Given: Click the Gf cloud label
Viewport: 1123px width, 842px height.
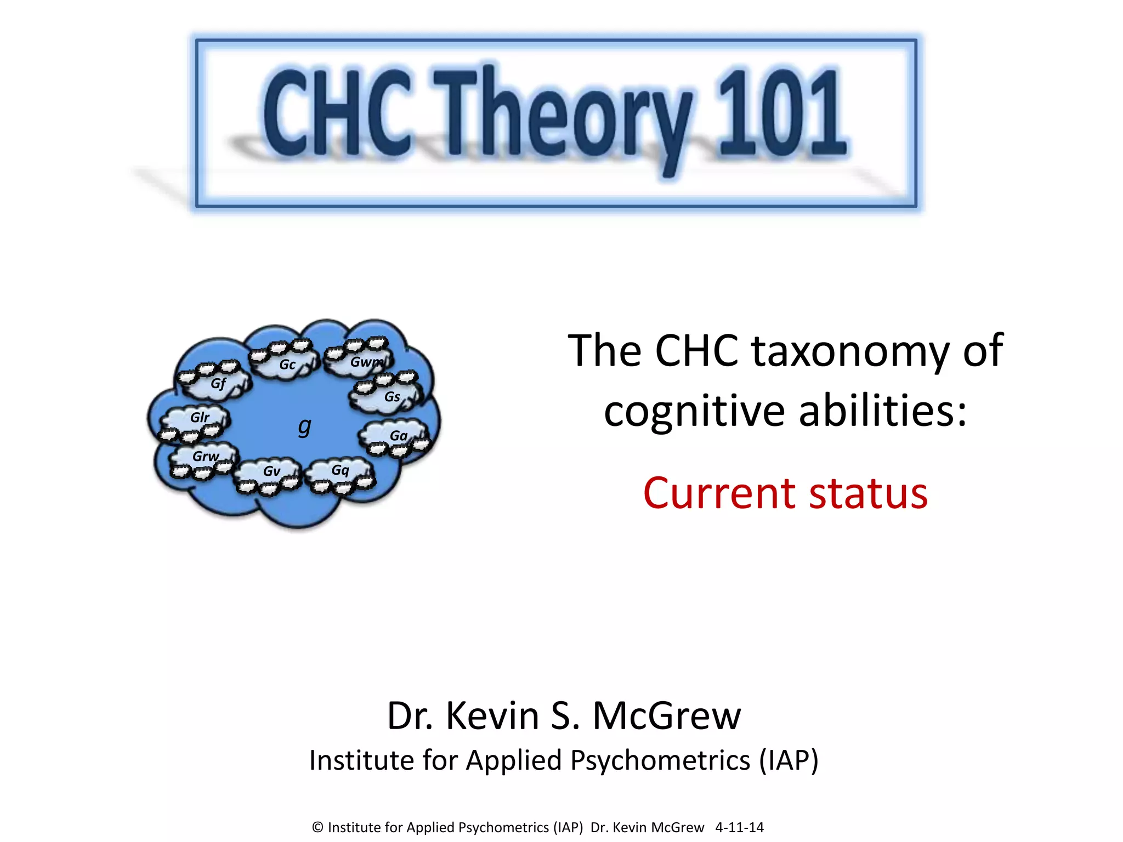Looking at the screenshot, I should tap(218, 383).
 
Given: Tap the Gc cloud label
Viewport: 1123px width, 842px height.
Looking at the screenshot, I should tap(287, 365).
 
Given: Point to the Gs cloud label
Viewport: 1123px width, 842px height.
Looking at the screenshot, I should tap(392, 396).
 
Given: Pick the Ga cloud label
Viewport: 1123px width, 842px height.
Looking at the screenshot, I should tap(399, 436).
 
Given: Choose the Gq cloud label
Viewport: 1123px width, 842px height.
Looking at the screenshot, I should tap(340, 470).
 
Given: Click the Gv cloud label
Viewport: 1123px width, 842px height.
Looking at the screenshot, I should tap(271, 471).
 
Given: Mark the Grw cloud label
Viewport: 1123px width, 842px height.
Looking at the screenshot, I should tap(206, 456).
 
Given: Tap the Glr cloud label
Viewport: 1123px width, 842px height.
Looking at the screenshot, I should tap(200, 418).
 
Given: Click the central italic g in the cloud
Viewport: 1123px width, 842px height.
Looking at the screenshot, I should tap(304, 425).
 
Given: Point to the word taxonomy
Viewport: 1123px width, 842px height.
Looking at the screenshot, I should tap(850, 351).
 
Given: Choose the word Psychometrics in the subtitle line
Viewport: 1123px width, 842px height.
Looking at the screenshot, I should tap(660, 761).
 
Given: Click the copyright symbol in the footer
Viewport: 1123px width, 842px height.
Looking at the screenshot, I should tap(317, 827).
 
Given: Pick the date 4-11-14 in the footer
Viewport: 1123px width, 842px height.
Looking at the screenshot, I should tap(739, 827).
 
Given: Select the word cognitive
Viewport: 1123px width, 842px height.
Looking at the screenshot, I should tap(695, 411).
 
